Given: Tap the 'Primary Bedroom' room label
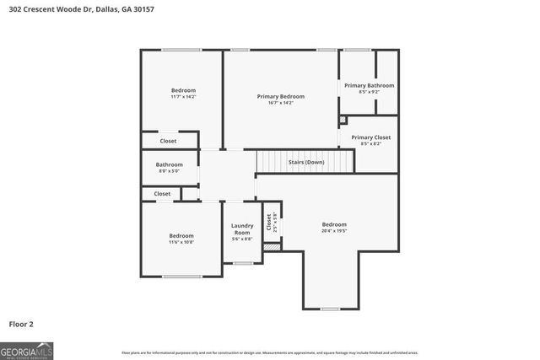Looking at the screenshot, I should click(281, 96).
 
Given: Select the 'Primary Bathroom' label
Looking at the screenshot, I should click(369, 85).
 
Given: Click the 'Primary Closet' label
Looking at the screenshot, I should click(371, 137).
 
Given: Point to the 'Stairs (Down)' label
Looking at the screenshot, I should click(306, 162).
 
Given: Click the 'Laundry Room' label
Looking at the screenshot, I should click(242, 228).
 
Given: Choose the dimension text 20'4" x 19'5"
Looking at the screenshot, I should click(334, 230).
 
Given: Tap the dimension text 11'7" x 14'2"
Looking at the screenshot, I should click(183, 97).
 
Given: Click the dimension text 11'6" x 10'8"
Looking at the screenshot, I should click(181, 242).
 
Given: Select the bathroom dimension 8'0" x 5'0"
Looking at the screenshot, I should click(169, 171).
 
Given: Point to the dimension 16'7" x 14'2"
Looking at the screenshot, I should click(281, 103).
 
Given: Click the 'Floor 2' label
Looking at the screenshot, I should click(21, 323).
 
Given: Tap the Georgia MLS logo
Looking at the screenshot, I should click(27, 349).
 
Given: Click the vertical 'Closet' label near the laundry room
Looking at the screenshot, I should click(269, 223).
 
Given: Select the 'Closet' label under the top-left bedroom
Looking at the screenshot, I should click(168, 141).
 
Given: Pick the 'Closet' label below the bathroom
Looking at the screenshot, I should click(162, 194).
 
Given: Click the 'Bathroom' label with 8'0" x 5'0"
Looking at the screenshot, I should click(169, 164).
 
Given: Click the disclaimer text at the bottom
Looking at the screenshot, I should click(270, 352).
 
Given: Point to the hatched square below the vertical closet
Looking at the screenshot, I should click(272, 247).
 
